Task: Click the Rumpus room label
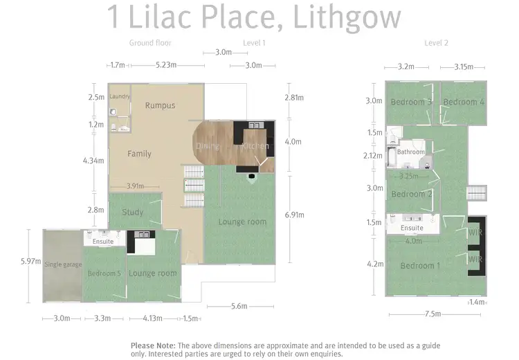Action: coord(160,106)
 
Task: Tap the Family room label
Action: coord(139,154)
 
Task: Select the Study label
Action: coord(132,212)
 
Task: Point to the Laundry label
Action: coord(120,96)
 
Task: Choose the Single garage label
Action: coord(63,264)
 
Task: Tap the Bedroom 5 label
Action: coord(104,273)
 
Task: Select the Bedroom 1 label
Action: coord(419,266)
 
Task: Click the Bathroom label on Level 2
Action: coord(410,152)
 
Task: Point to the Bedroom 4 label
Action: coord(464,102)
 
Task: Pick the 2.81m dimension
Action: coord(293,98)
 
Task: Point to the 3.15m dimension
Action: coord(464,67)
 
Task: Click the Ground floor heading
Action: coord(150,43)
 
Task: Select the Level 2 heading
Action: coord(436,43)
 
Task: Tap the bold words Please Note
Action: coord(153,345)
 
